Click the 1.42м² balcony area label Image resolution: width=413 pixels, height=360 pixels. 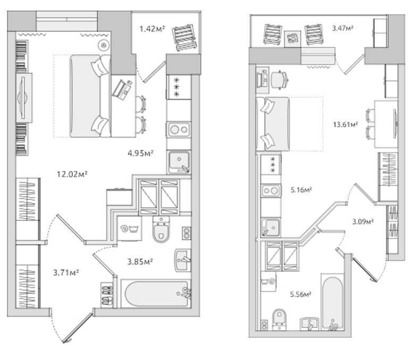coord(152,29)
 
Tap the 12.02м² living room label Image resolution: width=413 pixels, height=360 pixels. coord(72,174)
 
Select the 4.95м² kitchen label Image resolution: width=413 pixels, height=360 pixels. coord(141,153)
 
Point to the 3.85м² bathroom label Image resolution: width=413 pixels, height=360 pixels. coord(140,262)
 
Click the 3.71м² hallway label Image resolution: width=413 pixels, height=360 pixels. coord(66,272)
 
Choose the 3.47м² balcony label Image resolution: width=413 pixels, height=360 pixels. coord(342,28)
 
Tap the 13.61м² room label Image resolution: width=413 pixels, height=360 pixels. coord(345,124)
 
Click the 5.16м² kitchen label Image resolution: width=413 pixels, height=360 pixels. coord(301,189)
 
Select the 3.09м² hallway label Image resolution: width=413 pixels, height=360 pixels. coord(363,221)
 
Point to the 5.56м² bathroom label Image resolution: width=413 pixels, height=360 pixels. coord(300,294)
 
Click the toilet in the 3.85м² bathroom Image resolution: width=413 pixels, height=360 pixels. coord(161,229)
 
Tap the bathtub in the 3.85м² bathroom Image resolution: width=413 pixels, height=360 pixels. coord(156,294)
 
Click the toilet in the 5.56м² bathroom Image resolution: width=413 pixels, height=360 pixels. coord(279,319)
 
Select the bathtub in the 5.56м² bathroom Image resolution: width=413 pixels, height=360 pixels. coord(332,302)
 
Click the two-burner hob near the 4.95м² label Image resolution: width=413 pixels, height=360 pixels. coord(179,129)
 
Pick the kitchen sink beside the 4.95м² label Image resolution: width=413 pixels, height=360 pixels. coord(179,162)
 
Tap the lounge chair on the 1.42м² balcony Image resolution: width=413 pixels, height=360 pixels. coord(184,37)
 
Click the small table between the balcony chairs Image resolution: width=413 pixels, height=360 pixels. coord(293,39)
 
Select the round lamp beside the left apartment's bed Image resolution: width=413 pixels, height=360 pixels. coord(104,45)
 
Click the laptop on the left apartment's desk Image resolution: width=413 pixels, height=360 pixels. coord(122,90)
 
